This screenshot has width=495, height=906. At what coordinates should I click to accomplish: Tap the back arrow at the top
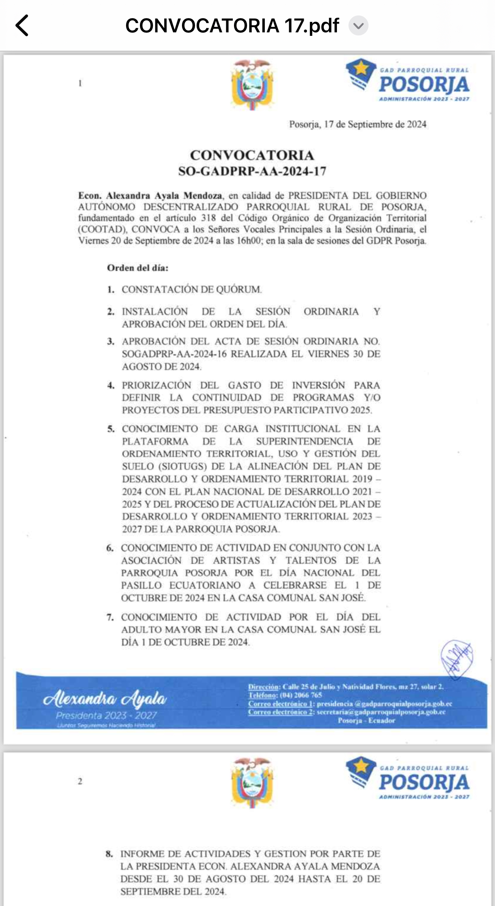point(22,25)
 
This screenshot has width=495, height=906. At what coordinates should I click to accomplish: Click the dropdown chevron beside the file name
point(358,26)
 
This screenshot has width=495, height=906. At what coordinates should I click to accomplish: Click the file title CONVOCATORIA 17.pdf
point(232,26)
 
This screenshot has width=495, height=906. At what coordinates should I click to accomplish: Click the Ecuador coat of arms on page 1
point(252,84)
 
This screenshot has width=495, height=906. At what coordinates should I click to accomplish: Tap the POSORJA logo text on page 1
point(424,85)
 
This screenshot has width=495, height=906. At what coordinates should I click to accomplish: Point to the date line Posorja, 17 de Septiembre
point(357,124)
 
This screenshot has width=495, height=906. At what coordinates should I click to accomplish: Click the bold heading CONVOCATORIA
point(252,155)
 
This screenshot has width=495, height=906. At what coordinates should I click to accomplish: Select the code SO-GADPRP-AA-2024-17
point(252,171)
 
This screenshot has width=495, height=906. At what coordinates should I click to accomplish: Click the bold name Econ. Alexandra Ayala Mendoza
point(150,196)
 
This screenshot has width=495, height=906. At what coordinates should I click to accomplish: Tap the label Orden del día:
point(138,268)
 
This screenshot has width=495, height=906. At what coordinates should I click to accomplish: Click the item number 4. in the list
point(111,386)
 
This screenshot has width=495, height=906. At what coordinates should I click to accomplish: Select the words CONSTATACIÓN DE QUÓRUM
point(192,290)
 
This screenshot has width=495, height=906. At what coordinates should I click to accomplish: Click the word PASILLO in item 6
point(141,586)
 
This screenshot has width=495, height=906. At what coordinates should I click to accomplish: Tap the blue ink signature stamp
point(457,659)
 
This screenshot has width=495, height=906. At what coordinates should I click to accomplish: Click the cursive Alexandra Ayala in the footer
point(105,698)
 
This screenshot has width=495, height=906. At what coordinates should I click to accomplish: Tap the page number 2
point(80,781)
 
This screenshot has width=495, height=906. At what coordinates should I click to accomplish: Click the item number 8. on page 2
point(109,854)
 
